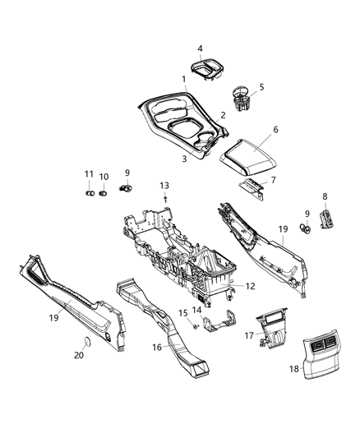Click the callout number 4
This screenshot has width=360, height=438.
(x=200, y=48)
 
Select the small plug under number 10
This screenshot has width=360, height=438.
(x=104, y=195)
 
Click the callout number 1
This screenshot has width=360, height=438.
(x=185, y=78)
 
